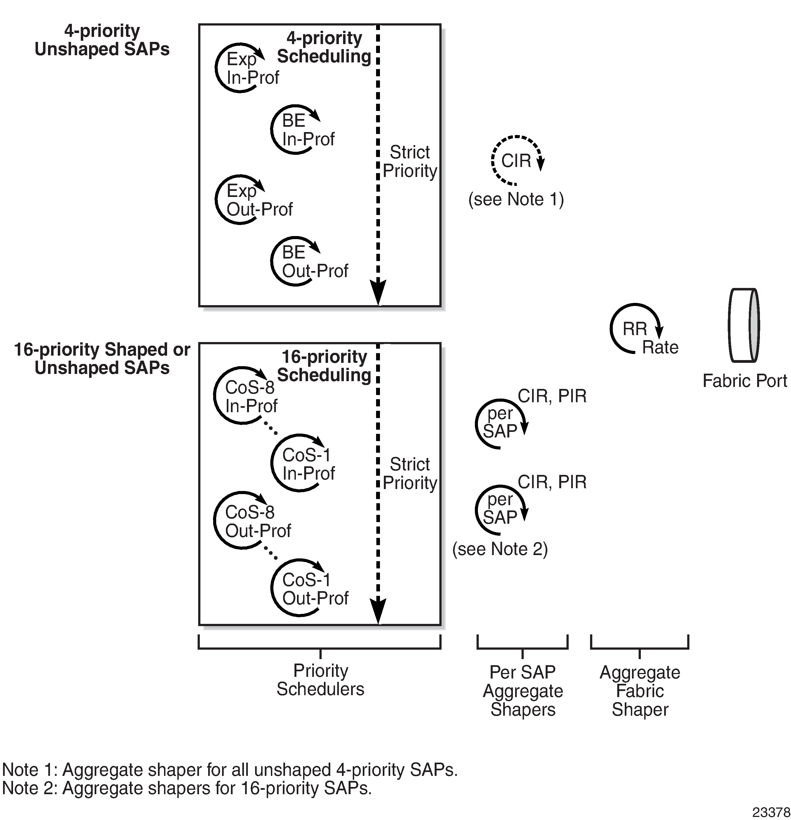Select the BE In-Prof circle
pyautogui.click(x=296, y=130)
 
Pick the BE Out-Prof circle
pyautogui.click(x=296, y=262)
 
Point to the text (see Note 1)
pyautogui.click(x=516, y=199)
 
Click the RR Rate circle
pyautogui.click(x=635, y=329)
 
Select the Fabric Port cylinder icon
pyautogui.click(x=744, y=325)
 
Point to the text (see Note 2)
pyautogui.click(x=500, y=549)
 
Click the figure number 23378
pyautogui.click(x=771, y=812)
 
